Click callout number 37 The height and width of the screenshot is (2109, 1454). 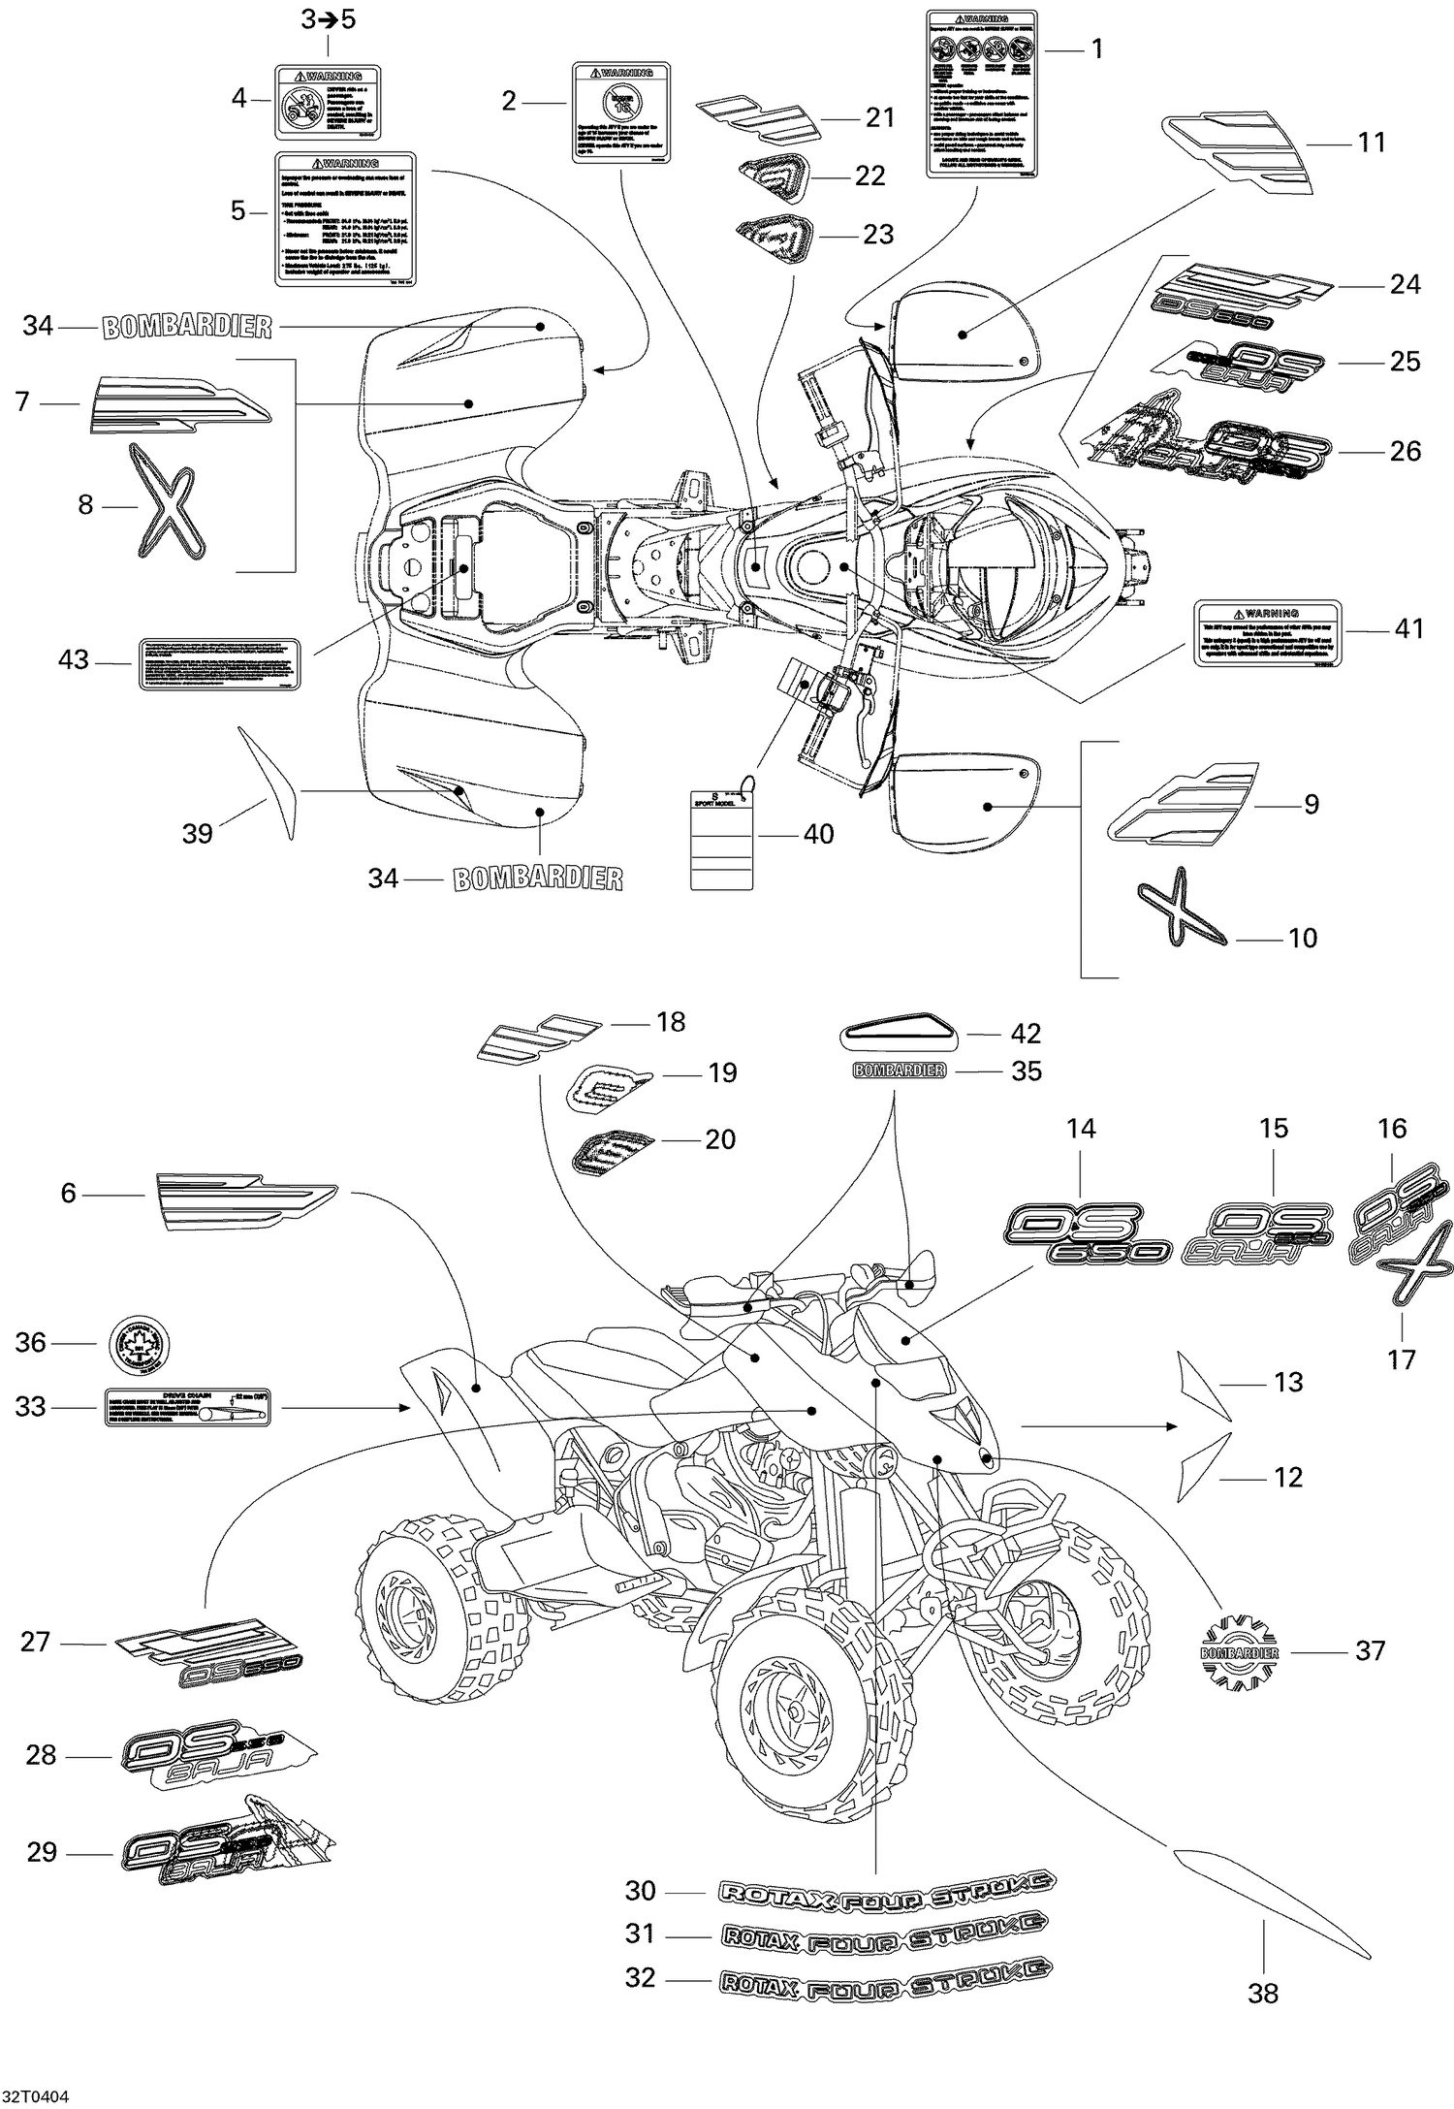pos(1370,1649)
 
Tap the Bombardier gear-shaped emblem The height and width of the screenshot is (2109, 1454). pos(1239,1651)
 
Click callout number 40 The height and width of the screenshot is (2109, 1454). pos(818,834)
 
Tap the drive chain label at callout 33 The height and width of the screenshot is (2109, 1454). pos(187,1407)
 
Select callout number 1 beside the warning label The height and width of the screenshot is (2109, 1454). pos(1097,48)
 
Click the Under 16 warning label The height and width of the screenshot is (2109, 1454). pos(620,112)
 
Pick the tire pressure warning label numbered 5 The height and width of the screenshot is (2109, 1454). pos(345,218)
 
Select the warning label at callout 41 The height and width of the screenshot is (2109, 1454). pos(1267,632)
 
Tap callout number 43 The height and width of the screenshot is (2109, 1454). pos(74,659)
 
